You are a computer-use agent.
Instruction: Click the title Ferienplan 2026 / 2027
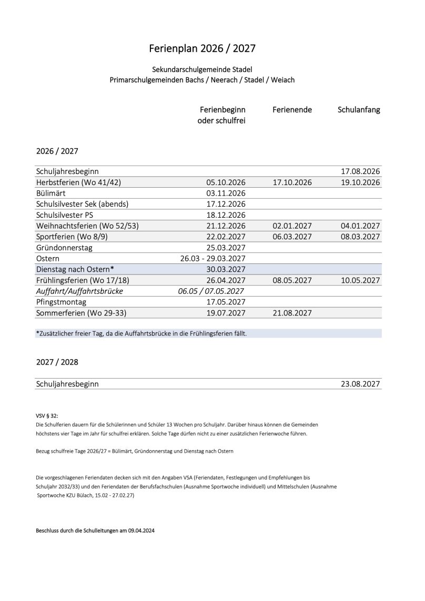(x=203, y=48)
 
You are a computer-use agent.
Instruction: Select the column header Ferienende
(x=292, y=110)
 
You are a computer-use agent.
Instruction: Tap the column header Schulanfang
(x=359, y=110)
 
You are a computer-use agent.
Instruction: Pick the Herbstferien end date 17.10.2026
(x=292, y=182)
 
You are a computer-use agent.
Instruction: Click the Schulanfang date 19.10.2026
(x=360, y=182)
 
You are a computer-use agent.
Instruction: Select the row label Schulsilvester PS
(x=68, y=215)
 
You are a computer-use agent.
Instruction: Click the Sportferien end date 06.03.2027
(x=292, y=237)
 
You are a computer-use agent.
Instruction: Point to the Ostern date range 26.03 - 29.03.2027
(x=213, y=259)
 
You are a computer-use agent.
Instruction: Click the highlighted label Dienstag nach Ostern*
(x=75, y=269)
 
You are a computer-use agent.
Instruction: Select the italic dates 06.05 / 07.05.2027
(x=212, y=291)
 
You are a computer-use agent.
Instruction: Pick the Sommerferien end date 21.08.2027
(x=292, y=313)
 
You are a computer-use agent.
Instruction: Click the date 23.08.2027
(x=360, y=384)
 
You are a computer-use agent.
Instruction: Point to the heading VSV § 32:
(x=47, y=415)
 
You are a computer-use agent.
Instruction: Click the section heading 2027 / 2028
(x=57, y=363)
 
